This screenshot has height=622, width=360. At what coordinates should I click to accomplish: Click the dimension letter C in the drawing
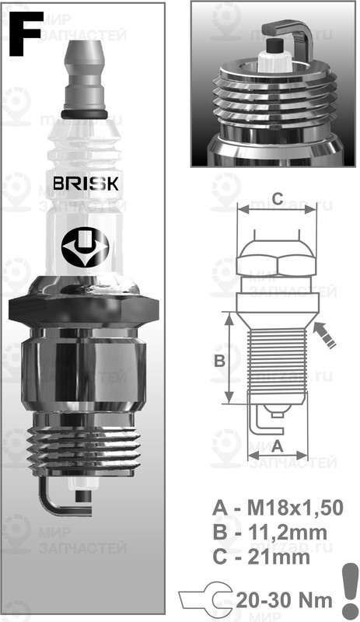pos(276,197)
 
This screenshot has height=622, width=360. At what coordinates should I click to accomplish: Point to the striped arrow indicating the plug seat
pos(327,336)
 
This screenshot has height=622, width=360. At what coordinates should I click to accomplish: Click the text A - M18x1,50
pos(278,508)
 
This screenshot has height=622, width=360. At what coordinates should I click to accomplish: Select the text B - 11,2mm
pos(271,533)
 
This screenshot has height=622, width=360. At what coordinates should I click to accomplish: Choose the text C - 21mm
pos(261,557)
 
